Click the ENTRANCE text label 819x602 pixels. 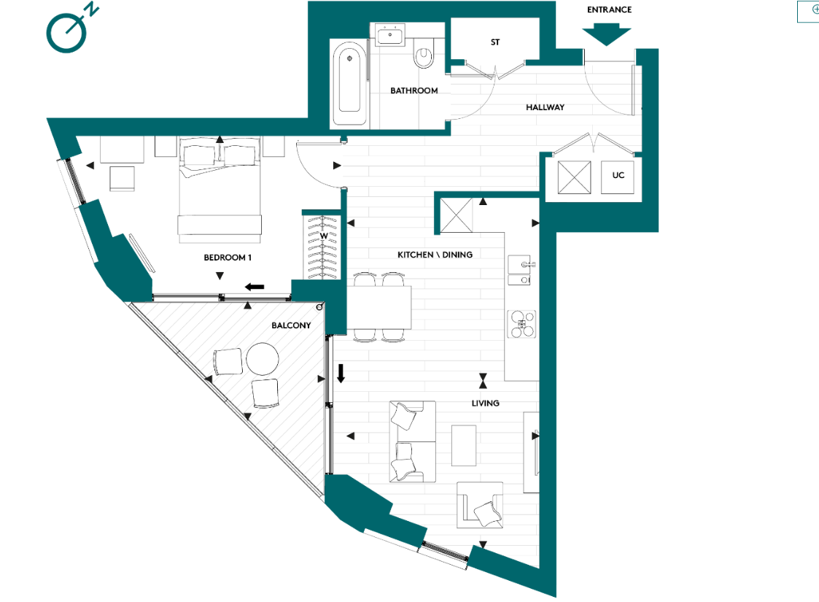click(609, 10)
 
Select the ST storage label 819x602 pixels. click(495, 42)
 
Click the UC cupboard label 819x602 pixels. click(618, 176)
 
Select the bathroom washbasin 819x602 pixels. click(392, 34)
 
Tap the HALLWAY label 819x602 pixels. click(545, 107)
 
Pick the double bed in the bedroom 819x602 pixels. click(220, 191)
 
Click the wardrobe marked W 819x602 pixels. click(322, 245)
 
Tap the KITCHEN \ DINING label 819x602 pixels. click(435, 255)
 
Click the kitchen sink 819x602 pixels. click(521, 270)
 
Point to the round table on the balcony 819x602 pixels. click(263, 359)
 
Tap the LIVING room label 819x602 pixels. click(485, 403)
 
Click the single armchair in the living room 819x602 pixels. click(481, 505)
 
